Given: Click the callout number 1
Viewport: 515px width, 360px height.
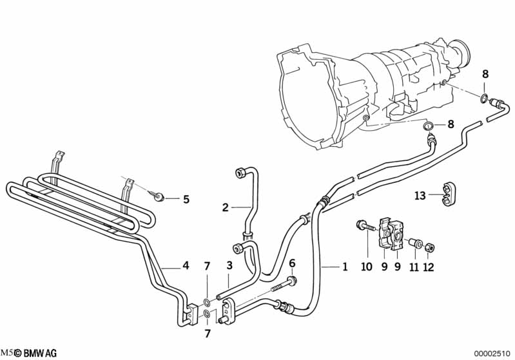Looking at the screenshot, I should click(x=345, y=266).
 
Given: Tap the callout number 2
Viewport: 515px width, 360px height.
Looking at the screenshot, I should click(x=226, y=207).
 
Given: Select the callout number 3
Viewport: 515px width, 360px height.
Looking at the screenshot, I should click(x=229, y=266).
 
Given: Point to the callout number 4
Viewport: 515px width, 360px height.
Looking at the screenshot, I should click(x=186, y=265).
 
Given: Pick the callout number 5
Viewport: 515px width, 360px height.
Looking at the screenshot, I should click(x=186, y=199).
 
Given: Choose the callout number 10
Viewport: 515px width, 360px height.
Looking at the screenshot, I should click(x=367, y=265).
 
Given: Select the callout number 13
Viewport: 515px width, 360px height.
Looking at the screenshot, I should click(x=420, y=196).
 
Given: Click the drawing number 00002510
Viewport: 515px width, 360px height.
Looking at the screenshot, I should click(x=492, y=354).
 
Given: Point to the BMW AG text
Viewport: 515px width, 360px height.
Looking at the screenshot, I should click(x=41, y=353).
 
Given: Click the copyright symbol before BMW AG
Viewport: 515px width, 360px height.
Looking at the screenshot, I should click(x=19, y=353).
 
